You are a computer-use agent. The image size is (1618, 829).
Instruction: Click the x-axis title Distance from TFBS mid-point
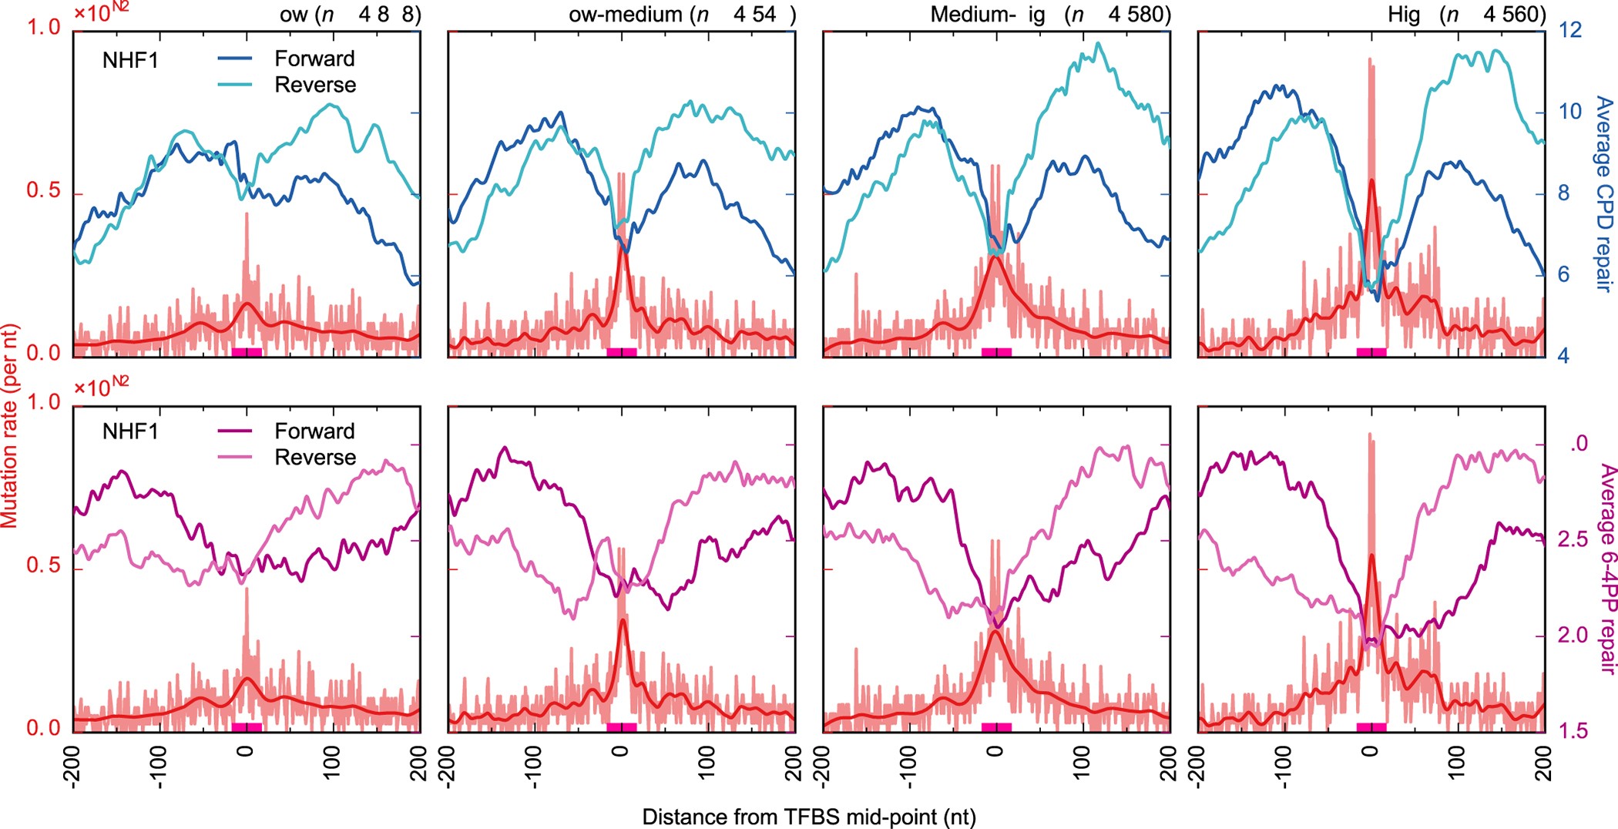[x=808, y=817]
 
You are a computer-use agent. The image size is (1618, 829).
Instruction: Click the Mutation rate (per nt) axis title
[x=9, y=425]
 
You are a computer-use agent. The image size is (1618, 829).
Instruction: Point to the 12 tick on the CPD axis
[x=1569, y=29]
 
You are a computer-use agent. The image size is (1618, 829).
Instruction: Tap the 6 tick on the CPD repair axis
[x=1563, y=274]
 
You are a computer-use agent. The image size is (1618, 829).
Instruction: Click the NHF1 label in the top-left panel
[x=130, y=59]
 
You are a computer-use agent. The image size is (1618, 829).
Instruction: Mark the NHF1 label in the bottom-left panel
[x=130, y=431]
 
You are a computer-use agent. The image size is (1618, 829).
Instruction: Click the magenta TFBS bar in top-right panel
[x=1371, y=352]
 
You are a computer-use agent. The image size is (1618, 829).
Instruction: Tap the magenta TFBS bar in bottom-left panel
[x=247, y=727]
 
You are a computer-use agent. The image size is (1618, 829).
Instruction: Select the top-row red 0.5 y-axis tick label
[x=42, y=190]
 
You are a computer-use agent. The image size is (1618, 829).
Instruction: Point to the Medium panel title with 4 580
[x=1049, y=15]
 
